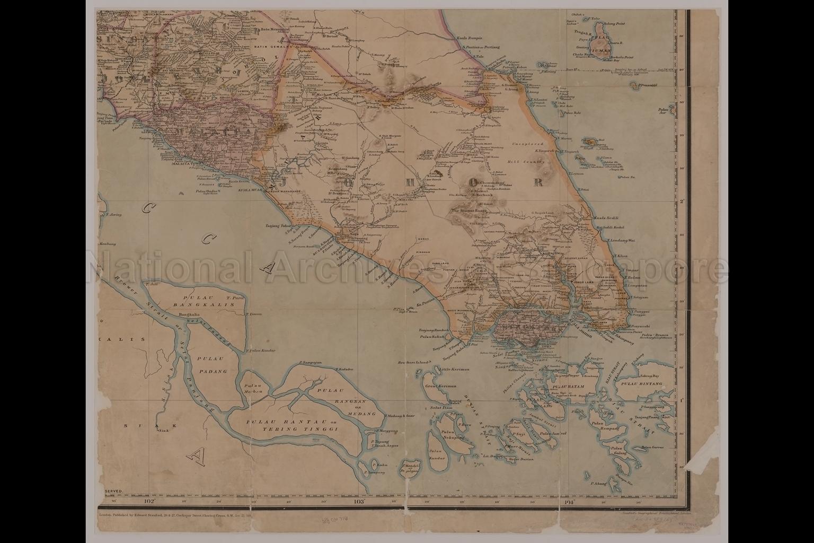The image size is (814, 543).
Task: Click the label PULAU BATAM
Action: pyautogui.click(x=568, y=387)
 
